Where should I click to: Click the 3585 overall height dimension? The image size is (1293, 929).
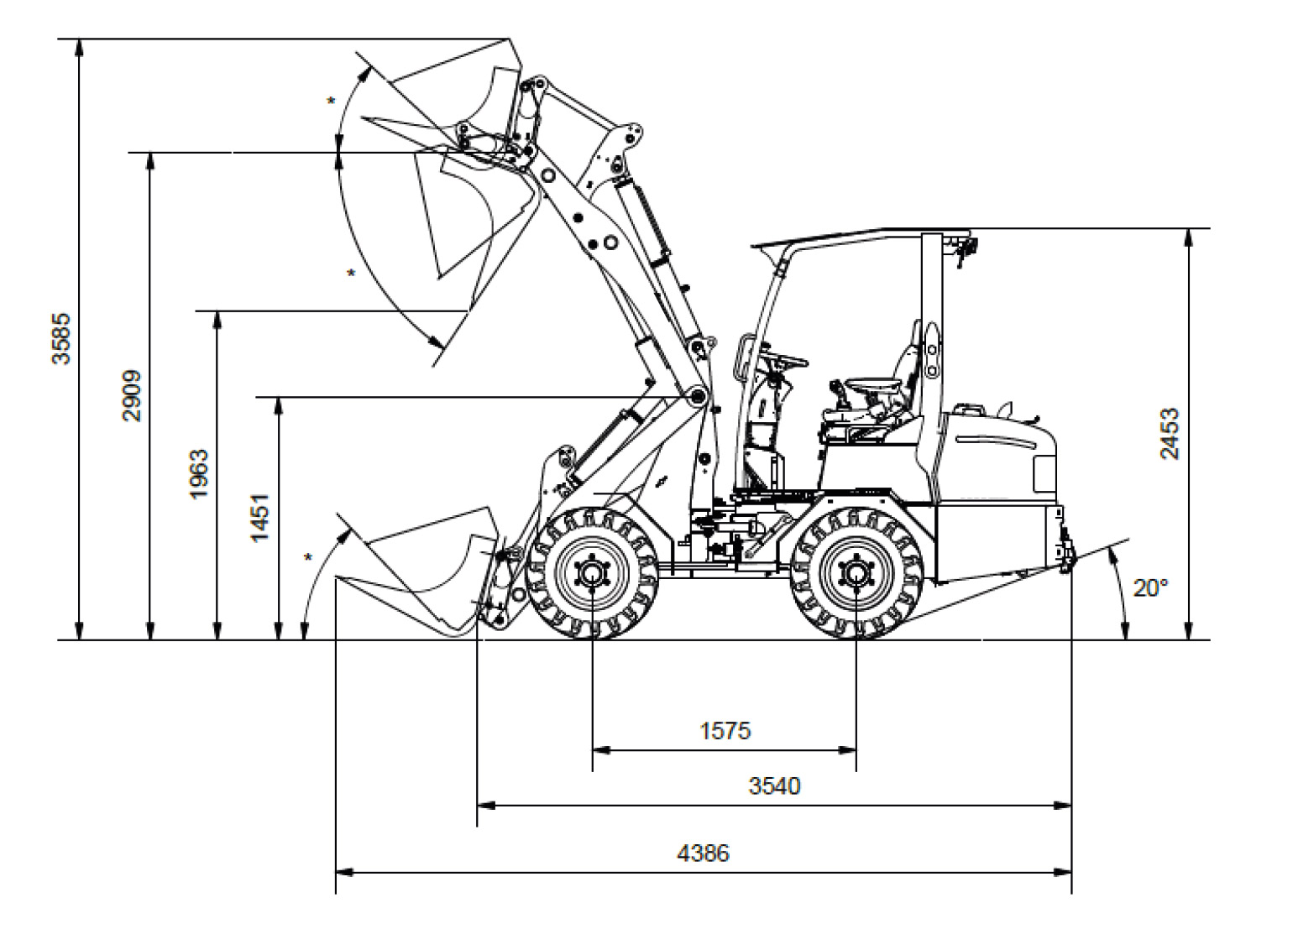[x=61, y=339]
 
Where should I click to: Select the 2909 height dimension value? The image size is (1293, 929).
[x=132, y=396]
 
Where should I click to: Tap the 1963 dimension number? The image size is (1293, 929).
[x=198, y=474]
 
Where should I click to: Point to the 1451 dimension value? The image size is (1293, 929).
[x=259, y=517]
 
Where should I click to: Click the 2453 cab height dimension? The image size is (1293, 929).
[x=1170, y=433]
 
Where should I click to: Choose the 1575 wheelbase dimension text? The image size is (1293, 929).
[x=725, y=731]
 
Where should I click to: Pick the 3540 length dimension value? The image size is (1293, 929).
[x=775, y=785]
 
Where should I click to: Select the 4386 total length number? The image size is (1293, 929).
[x=703, y=853]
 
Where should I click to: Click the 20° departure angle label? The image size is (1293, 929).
[x=1150, y=588]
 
